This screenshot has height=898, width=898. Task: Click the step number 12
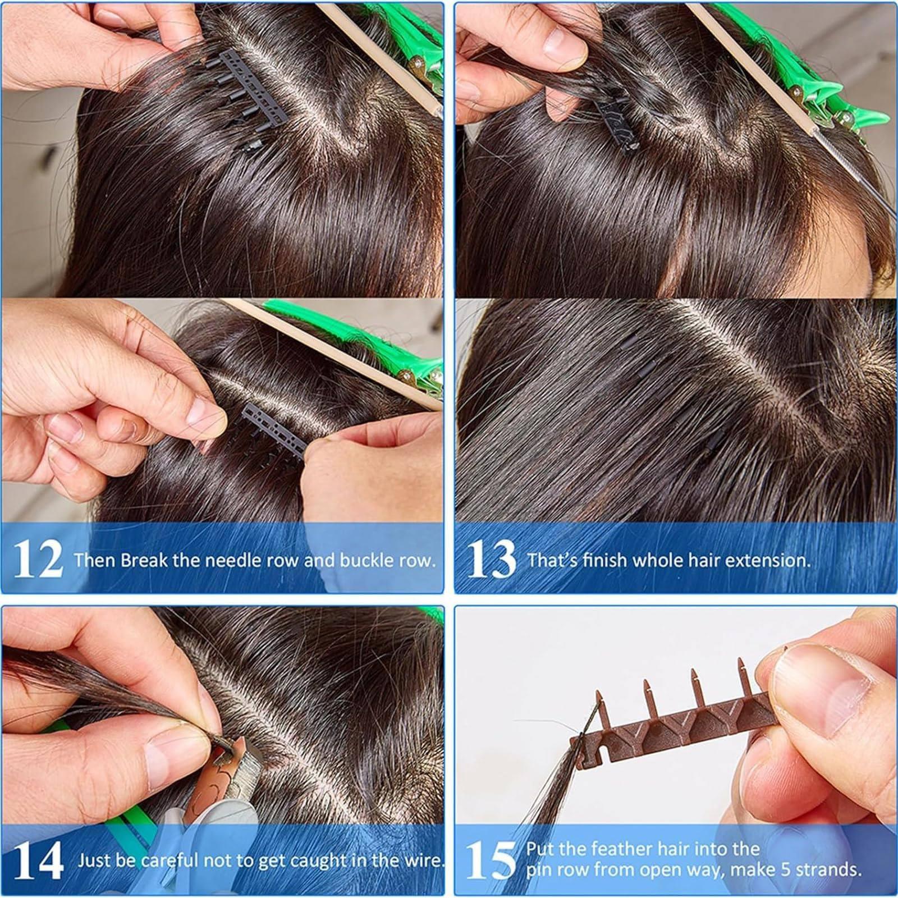point(37,560)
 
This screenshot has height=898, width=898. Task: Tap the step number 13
point(491,560)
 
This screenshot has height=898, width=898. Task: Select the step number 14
point(37,861)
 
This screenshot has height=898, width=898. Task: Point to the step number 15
point(491,861)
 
